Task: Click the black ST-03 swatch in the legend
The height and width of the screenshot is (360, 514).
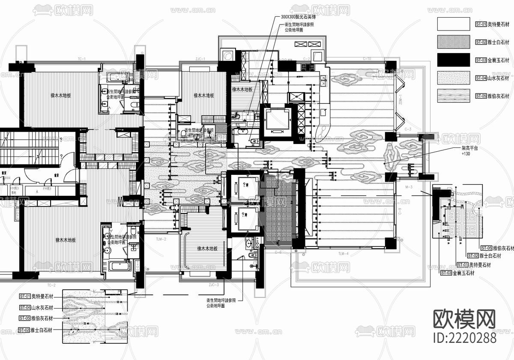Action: click(454, 60)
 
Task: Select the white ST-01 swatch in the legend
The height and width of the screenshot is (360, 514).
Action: click(454, 24)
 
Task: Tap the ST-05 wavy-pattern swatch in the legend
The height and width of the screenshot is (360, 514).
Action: click(454, 96)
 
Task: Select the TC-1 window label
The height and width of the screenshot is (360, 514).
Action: click(82, 59)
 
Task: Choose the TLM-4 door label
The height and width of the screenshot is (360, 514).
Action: click(343, 254)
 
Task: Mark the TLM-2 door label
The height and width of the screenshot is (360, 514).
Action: click(161, 239)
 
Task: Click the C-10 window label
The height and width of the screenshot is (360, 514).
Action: click(367, 58)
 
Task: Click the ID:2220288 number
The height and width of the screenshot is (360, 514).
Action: click(465, 338)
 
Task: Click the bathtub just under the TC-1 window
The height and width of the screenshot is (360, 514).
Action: click(117, 78)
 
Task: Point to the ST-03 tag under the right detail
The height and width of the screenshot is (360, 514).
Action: click(446, 273)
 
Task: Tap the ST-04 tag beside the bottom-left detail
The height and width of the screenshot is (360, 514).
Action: click(24, 307)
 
